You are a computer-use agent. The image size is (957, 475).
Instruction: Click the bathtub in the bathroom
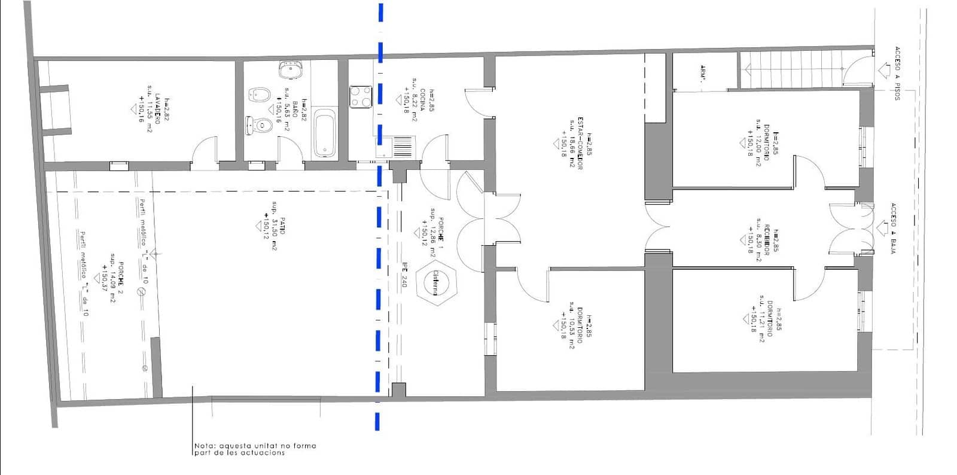[325, 133]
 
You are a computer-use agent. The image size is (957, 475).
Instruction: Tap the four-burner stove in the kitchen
[361, 97]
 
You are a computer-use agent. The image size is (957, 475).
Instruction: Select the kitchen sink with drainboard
[396, 147]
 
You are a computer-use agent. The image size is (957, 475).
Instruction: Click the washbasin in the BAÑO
[290, 70]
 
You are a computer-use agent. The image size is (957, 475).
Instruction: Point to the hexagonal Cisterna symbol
[436, 282]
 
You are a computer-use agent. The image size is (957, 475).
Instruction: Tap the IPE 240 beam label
[404, 275]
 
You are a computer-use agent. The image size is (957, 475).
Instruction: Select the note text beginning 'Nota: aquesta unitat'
[255, 449]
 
